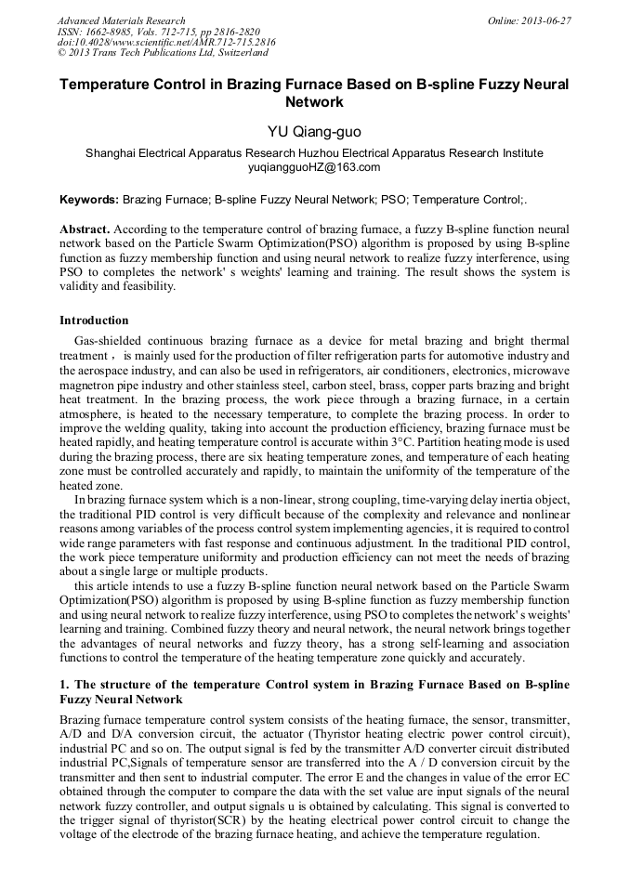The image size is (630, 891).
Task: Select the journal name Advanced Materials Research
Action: [121, 20]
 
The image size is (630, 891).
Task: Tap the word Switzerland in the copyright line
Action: [233, 53]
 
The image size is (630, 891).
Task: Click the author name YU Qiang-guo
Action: [314, 131]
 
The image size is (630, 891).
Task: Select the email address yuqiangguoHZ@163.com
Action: [314, 167]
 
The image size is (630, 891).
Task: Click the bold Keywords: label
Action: [89, 200]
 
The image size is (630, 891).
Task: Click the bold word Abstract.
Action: [85, 229]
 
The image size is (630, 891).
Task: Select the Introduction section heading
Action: [94, 321]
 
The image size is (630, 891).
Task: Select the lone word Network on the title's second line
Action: [314, 102]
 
